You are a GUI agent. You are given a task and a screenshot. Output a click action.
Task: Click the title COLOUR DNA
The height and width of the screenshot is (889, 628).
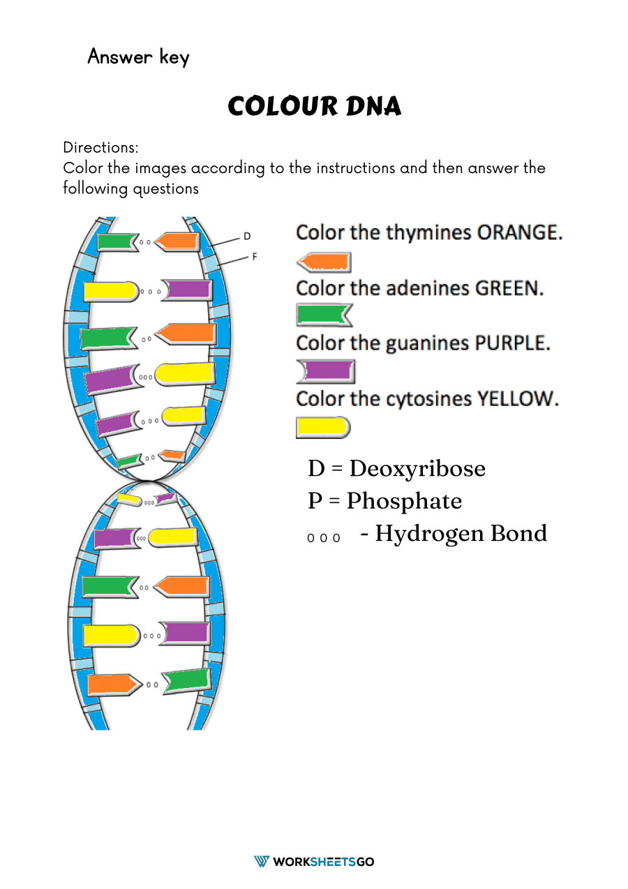314,107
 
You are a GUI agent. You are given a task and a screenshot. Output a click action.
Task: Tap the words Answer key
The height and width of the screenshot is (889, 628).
138,57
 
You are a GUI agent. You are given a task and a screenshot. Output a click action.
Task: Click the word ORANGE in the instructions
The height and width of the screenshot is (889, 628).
519,233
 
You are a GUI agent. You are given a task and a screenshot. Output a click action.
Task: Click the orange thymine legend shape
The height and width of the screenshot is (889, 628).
324,262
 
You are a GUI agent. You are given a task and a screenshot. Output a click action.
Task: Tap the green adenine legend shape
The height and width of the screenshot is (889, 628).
324,315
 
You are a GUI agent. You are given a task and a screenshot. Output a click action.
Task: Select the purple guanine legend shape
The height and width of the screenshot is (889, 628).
326,371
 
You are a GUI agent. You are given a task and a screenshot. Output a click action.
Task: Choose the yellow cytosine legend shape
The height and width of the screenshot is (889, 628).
322,427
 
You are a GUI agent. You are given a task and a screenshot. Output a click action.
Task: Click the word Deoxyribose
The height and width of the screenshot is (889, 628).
417,468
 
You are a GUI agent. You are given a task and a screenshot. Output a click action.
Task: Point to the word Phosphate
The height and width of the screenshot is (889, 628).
404,501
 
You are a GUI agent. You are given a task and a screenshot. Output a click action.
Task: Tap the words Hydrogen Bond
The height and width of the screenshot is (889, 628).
461,533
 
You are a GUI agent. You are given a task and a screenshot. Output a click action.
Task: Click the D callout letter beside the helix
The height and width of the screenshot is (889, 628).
247,237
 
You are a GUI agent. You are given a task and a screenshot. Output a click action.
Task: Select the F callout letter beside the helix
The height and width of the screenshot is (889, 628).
254,257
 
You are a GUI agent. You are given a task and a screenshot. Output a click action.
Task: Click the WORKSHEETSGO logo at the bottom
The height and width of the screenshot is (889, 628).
314,862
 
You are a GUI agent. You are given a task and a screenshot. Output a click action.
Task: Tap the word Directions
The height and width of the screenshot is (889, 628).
100,148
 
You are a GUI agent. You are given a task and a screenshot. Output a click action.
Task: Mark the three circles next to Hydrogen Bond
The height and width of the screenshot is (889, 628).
324,538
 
